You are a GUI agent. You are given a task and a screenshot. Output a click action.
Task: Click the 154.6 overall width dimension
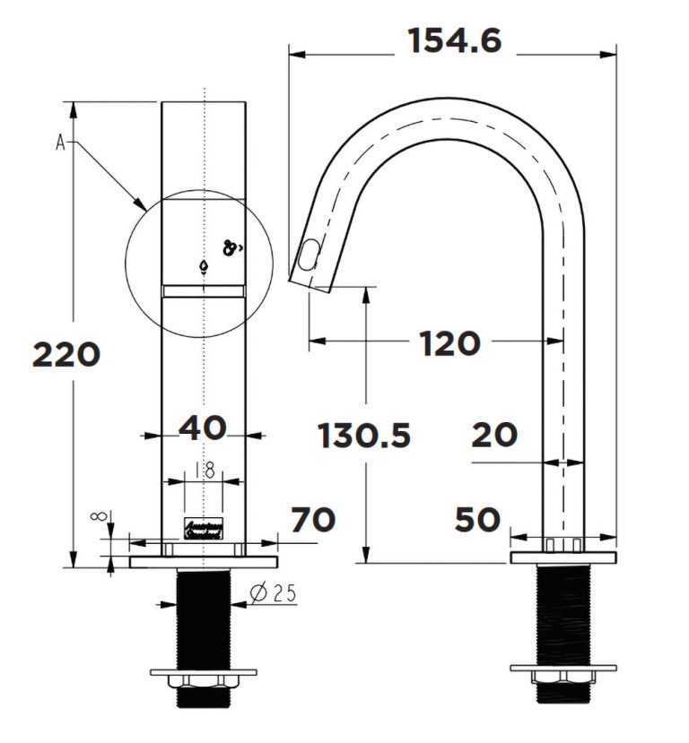pyautogui.click(x=454, y=41)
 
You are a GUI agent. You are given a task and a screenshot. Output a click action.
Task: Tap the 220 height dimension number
pyautogui.click(x=65, y=356)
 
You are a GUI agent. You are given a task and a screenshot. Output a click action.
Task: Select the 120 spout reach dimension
pyautogui.click(x=450, y=342)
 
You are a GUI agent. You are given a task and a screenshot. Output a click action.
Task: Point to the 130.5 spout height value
pyautogui.click(x=364, y=436)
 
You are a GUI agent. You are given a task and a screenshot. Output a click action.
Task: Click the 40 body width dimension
pyautogui.click(x=203, y=428)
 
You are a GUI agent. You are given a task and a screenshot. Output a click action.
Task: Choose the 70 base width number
pyautogui.click(x=313, y=519)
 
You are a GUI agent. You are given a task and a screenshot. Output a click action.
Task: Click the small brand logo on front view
pyautogui.click(x=204, y=528)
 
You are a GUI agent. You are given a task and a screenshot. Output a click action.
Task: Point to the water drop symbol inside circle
pyautogui.click(x=205, y=267)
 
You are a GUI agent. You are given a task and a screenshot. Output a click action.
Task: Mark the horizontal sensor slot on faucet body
pyautogui.click(x=204, y=289)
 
